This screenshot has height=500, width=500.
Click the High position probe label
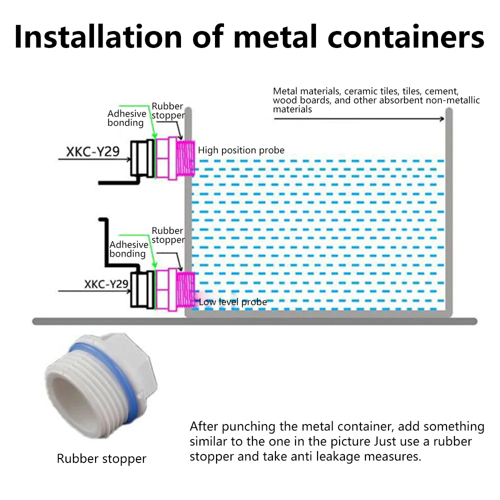241,150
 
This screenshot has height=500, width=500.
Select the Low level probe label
233,302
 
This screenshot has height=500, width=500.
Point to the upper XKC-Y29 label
93,151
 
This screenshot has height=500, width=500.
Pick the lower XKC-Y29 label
106,284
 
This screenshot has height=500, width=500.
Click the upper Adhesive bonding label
127,118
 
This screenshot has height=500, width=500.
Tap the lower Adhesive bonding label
128,249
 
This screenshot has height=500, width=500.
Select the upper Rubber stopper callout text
167,111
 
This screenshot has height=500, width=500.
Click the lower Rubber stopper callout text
167,235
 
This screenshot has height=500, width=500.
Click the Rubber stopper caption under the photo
101,458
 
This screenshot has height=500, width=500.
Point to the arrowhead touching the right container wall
441,118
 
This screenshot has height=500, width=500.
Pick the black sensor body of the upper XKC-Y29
142,158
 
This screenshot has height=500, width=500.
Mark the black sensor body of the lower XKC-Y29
142,289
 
